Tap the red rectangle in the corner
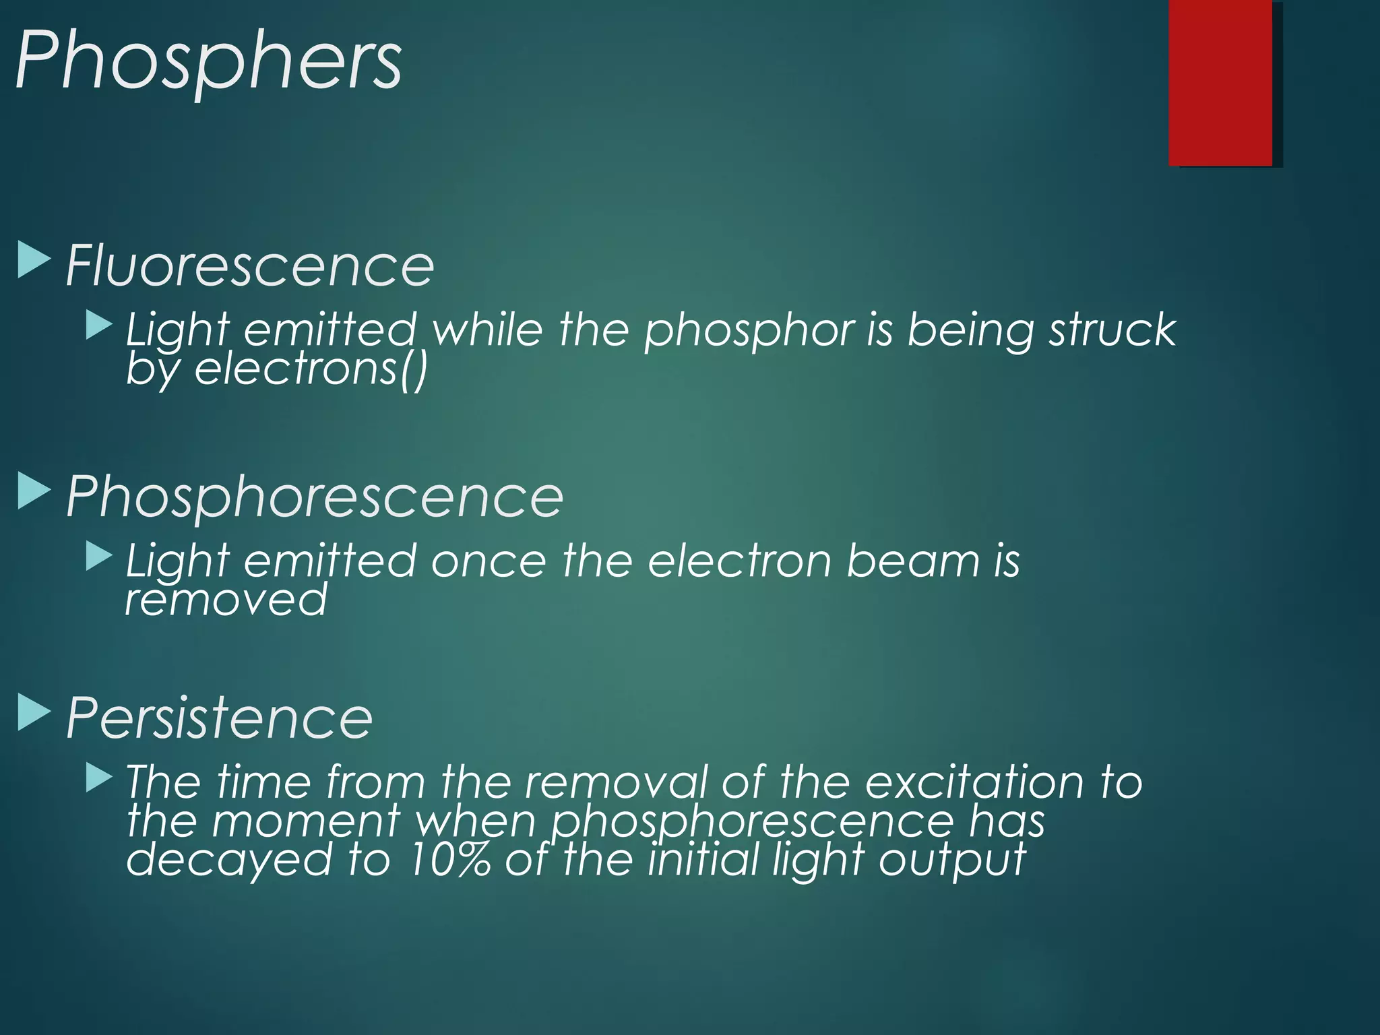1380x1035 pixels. [x=1220, y=82]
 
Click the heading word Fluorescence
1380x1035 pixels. [x=250, y=265]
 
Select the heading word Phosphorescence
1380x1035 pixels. [x=315, y=496]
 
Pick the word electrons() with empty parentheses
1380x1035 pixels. [x=311, y=369]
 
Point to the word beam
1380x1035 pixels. [x=912, y=561]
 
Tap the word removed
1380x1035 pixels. [x=226, y=599]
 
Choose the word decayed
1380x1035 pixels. [x=229, y=860]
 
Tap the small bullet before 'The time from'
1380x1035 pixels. [x=99, y=778]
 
